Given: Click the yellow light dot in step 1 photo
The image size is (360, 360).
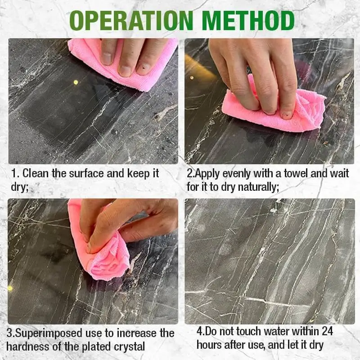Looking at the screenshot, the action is (76, 82).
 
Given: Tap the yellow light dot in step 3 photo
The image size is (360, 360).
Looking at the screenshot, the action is (10, 288).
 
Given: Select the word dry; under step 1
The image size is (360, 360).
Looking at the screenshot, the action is (20, 187).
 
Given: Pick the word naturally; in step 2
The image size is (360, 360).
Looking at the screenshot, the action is (258, 187).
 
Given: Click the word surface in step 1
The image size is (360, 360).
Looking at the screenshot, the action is (86, 173).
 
